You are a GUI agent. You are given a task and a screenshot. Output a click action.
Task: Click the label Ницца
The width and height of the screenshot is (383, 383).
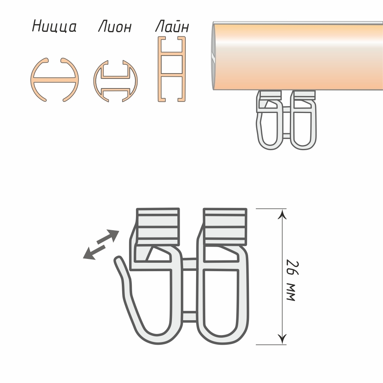54,26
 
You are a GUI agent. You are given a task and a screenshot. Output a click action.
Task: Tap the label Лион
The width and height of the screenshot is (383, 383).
115,27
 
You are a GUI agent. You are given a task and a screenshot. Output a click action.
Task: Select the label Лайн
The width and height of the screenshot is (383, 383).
172,26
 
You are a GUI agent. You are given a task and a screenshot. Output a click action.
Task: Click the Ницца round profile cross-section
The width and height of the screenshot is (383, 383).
54,80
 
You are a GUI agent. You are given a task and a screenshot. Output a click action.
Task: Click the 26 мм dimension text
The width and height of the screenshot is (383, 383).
292,281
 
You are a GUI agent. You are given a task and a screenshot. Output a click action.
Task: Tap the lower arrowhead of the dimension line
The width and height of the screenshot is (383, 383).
283,339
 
